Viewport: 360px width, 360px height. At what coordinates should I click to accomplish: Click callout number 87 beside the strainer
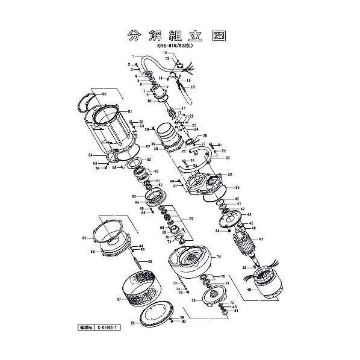click(x=118, y=299)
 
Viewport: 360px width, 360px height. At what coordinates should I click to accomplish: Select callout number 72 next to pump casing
click(x=219, y=256)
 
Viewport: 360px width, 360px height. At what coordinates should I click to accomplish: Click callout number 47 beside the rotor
click(x=261, y=240)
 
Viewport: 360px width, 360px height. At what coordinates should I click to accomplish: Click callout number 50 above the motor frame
click(x=104, y=95)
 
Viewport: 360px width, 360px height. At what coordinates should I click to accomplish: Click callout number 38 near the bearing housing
click(x=229, y=175)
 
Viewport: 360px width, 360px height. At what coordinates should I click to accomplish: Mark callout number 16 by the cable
click(x=193, y=87)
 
